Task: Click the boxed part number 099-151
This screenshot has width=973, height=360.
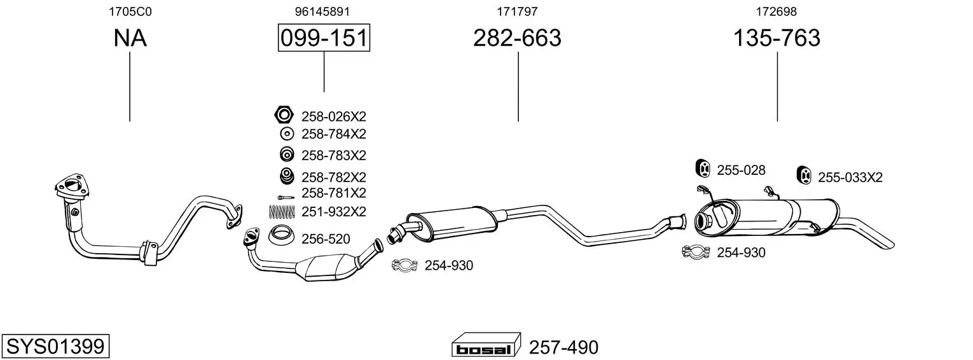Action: tap(324, 38)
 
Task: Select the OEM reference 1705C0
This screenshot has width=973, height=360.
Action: tap(130, 11)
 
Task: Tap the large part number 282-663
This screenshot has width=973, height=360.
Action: tap(517, 38)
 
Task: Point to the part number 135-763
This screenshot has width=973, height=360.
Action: tap(776, 38)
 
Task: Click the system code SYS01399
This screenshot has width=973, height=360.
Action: tap(55, 347)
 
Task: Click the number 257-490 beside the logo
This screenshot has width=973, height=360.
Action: tap(563, 347)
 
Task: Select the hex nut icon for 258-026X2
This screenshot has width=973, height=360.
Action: tap(284, 116)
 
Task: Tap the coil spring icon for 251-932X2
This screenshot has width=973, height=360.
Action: tap(282, 211)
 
